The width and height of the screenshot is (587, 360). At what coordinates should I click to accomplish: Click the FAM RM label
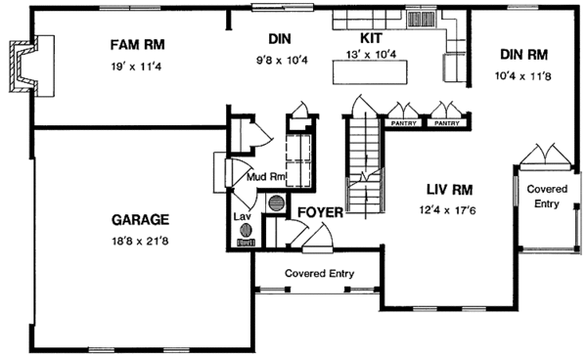[137, 45]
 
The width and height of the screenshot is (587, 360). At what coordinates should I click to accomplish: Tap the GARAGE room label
[140, 220]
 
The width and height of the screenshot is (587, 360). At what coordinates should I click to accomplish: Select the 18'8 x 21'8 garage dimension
[140, 242]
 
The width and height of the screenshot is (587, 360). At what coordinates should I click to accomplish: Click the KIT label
[371, 38]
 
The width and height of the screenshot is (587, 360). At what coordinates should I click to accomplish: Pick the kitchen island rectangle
[370, 71]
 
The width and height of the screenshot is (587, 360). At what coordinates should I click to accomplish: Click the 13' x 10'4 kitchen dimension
[371, 55]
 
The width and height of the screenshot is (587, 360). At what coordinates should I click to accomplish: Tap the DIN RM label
[523, 55]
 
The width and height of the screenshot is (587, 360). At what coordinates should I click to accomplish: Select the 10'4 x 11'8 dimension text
[523, 76]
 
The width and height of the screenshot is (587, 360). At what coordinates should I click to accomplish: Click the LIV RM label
[450, 190]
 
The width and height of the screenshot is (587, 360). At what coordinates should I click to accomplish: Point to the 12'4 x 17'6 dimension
[448, 210]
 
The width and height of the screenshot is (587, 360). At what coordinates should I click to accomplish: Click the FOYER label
[320, 212]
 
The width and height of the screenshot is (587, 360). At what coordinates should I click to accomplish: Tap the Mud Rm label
[266, 176]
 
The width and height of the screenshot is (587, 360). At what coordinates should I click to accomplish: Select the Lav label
[242, 216]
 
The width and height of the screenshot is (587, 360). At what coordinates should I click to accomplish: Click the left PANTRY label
[403, 123]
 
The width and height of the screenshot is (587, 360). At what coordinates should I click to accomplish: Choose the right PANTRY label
[447, 123]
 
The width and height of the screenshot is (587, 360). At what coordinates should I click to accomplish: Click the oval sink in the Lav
[246, 230]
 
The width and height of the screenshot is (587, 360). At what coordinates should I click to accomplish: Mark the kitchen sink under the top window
[421, 19]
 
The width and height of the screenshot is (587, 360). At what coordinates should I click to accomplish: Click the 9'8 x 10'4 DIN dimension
[282, 60]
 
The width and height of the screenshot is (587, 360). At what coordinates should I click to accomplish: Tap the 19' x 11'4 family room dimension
[136, 67]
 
